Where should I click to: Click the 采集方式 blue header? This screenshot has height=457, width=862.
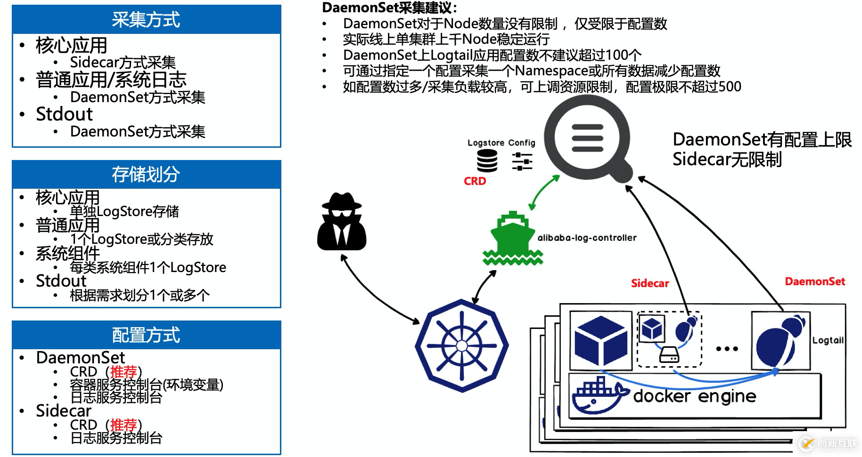(x=146, y=20)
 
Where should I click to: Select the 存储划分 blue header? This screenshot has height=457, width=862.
(x=146, y=175)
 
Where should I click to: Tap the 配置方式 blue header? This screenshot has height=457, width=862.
(x=146, y=335)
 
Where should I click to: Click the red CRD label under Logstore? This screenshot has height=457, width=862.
(x=475, y=181)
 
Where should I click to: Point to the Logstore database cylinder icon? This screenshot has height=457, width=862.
(x=487, y=161)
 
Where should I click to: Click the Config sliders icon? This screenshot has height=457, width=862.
(x=522, y=161)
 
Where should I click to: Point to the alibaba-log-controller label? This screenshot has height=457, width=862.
(x=587, y=238)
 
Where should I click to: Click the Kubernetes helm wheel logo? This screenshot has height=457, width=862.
(x=462, y=346)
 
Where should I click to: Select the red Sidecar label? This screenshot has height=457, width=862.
(x=650, y=283)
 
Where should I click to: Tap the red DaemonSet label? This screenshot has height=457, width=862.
(x=815, y=281)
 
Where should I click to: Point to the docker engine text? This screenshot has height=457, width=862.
(x=695, y=396)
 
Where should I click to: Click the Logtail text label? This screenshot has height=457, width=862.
(x=828, y=340)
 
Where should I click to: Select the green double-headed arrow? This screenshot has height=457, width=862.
(x=544, y=192)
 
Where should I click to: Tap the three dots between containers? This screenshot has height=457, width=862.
(x=727, y=349)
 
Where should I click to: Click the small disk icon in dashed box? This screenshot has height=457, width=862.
(x=669, y=354)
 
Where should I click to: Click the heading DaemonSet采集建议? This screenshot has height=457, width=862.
(x=389, y=8)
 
